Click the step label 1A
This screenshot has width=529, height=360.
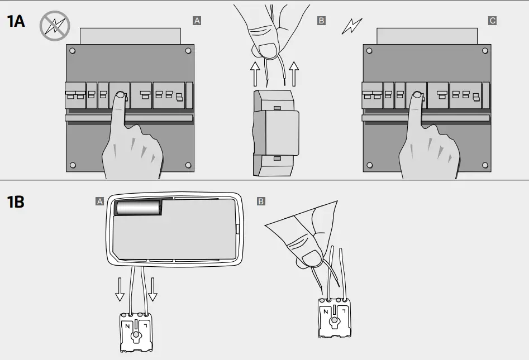tap(16, 21)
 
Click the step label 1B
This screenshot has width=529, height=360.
tap(16, 201)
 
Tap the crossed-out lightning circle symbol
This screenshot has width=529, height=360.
tap(54, 26)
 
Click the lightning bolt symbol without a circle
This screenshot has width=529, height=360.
tap(352, 26)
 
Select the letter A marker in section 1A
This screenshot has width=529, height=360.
tap(197, 21)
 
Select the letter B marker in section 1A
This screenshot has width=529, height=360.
tap(321, 21)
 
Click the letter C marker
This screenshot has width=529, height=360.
tap(492, 21)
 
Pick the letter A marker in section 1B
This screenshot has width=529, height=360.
tap(100, 201)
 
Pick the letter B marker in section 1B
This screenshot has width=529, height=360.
tap(261, 201)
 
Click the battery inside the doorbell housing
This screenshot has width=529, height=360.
tap(138, 208)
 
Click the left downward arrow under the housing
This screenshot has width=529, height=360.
tap(120, 288)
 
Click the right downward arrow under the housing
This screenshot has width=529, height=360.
tap(153, 288)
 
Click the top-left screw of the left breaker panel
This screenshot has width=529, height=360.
tap(73, 50)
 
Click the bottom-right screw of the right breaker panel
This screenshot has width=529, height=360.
tap(484, 165)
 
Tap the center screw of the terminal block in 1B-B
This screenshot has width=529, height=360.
tap(335, 322)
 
